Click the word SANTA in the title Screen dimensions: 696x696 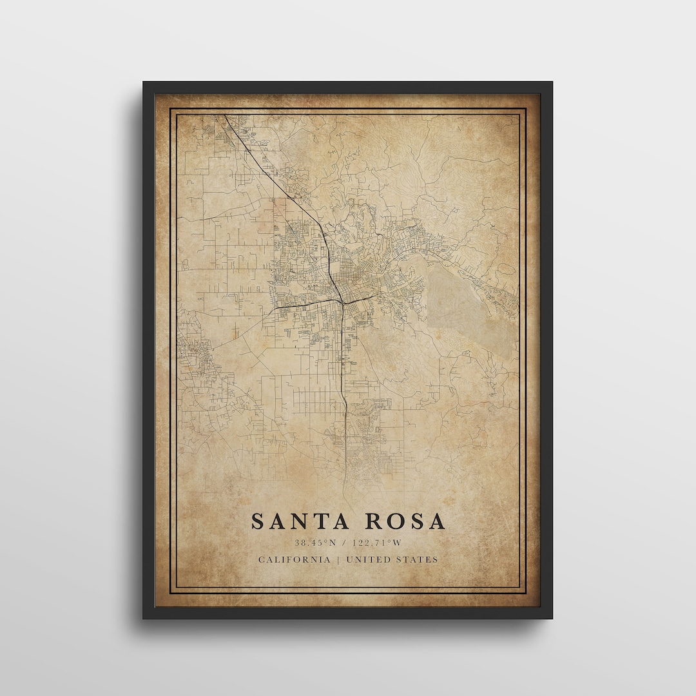coord(298,521)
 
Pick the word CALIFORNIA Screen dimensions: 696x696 coord(293,559)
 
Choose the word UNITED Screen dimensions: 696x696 coord(369,559)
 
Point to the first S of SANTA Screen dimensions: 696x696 coord(257,521)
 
